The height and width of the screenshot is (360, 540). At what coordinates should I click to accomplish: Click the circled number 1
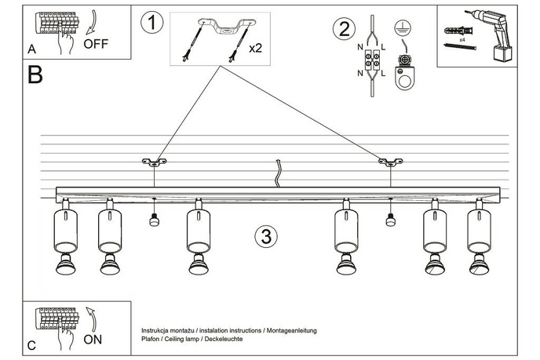click(x=152, y=22)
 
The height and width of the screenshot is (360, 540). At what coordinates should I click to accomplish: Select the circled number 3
click(x=267, y=236)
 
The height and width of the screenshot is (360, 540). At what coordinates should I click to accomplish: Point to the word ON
click(x=93, y=340)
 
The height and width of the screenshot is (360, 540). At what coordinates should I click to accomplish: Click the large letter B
click(x=35, y=76)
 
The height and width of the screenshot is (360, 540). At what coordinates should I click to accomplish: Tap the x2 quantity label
click(x=255, y=48)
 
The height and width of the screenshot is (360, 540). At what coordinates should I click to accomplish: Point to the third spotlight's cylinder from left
click(x=197, y=229)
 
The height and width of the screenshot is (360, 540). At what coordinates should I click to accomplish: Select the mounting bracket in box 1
click(x=221, y=27)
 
